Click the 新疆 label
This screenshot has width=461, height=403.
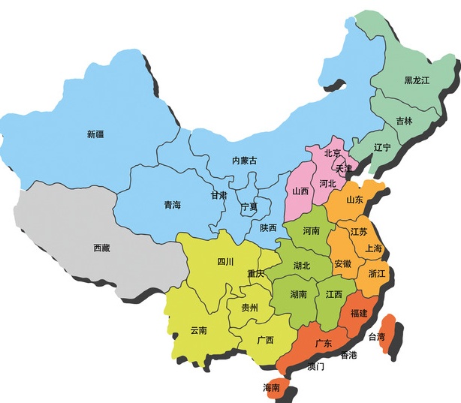(95, 134)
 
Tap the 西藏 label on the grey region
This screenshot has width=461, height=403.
(102, 248)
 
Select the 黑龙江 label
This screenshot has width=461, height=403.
(417, 80)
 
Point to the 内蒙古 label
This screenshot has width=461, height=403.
(244, 161)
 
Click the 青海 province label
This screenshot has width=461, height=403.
(172, 204)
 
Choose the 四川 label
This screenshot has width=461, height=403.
(225, 262)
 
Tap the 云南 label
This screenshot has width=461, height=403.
(199, 330)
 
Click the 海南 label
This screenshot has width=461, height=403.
(271, 388)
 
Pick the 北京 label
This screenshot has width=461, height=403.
(333, 153)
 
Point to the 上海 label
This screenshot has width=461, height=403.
(373, 248)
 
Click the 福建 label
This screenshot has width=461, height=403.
(358, 314)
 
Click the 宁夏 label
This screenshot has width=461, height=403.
(249, 206)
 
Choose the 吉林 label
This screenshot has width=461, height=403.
(404, 122)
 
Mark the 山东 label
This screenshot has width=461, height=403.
(354, 200)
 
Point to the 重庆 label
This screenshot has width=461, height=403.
(255, 274)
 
